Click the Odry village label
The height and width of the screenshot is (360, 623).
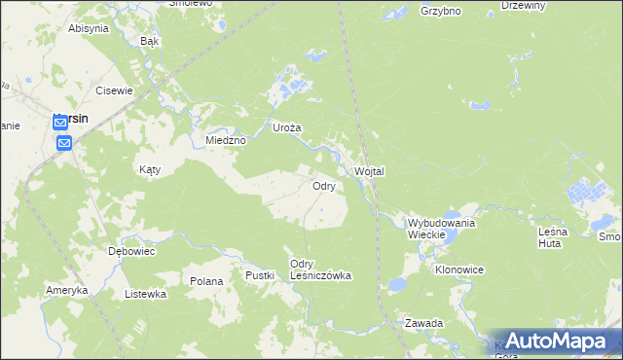pyautogui.click(x=324, y=185)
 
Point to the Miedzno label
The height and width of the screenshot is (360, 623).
pyautogui.click(x=226, y=140)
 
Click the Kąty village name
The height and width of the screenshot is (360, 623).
pyautogui.click(x=149, y=168)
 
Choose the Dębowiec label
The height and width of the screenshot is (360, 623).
pyautogui.click(x=131, y=250)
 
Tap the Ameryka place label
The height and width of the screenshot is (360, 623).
pyautogui.click(x=67, y=291)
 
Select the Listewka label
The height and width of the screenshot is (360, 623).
pyautogui.click(x=146, y=293)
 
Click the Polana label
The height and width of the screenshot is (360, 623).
pyautogui.click(x=207, y=281)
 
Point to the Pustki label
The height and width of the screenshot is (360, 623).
pyautogui.click(x=260, y=276)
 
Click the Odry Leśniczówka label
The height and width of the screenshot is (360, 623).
pyautogui.click(x=320, y=270)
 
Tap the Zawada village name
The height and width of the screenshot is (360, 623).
pyautogui.click(x=425, y=322)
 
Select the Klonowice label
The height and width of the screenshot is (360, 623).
pyautogui.click(x=459, y=269)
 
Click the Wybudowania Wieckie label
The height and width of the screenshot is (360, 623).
pyautogui.click(x=441, y=229)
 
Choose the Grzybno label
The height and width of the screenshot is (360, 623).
pyautogui.click(x=440, y=12)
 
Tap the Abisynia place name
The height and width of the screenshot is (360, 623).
pyautogui.click(x=88, y=28)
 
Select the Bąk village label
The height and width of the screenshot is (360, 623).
pyautogui.click(x=149, y=42)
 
